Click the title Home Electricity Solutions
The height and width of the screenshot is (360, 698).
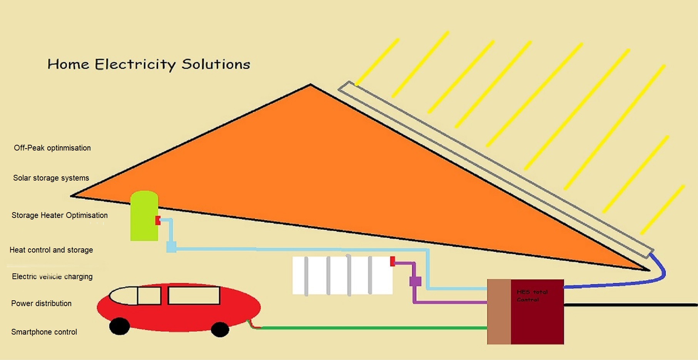149,64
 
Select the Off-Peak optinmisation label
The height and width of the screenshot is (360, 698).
52,148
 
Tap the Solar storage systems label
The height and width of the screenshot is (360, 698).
51,178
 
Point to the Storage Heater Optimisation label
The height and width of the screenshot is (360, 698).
60,215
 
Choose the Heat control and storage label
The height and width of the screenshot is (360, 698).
51,250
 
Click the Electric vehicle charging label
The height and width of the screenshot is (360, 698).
52,276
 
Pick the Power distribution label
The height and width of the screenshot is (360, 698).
41,303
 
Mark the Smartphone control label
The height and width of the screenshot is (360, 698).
44,332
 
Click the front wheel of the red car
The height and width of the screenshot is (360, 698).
119,326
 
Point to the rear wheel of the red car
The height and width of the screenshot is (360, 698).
220,329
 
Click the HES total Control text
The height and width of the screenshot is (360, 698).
532,296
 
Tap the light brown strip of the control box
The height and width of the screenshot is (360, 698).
499,312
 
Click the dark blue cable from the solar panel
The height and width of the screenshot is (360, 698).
616,284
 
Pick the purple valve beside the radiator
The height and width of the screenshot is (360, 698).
415,281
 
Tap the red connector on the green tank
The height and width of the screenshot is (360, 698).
158,220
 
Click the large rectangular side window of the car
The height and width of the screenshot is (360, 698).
194,296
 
